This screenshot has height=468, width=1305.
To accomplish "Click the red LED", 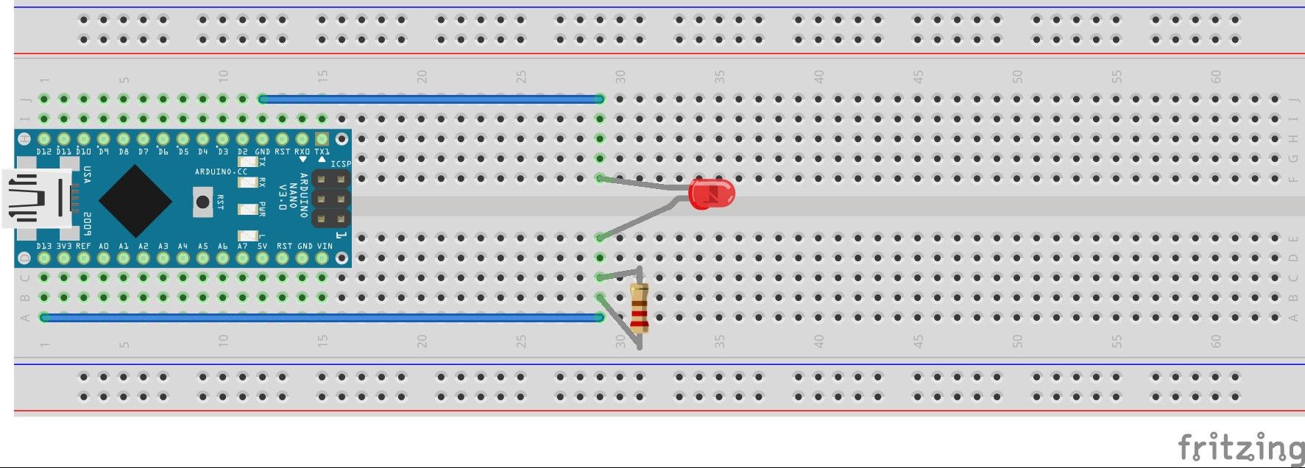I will [711, 194].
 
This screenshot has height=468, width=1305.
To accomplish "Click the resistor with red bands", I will [639, 309].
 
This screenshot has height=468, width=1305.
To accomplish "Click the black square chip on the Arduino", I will [135, 200].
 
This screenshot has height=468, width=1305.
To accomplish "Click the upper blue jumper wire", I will [431, 99].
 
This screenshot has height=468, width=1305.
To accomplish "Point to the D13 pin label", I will [44, 247].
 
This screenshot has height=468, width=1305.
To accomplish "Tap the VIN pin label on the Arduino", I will [324, 247].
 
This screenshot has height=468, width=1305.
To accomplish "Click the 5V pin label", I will [263, 247].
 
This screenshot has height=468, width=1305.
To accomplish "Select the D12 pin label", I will [44, 152].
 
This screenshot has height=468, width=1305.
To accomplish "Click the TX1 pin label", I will [322, 152].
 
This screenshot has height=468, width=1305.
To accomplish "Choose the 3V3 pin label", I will [64, 247].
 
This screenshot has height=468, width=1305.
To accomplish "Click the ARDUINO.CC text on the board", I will [221, 171].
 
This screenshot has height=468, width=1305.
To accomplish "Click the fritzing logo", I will [1239, 446].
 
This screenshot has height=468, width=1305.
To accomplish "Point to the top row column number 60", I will [1216, 77].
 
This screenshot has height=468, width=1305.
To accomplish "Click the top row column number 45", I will [918, 77].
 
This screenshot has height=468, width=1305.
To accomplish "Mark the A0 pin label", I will [104, 247].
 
